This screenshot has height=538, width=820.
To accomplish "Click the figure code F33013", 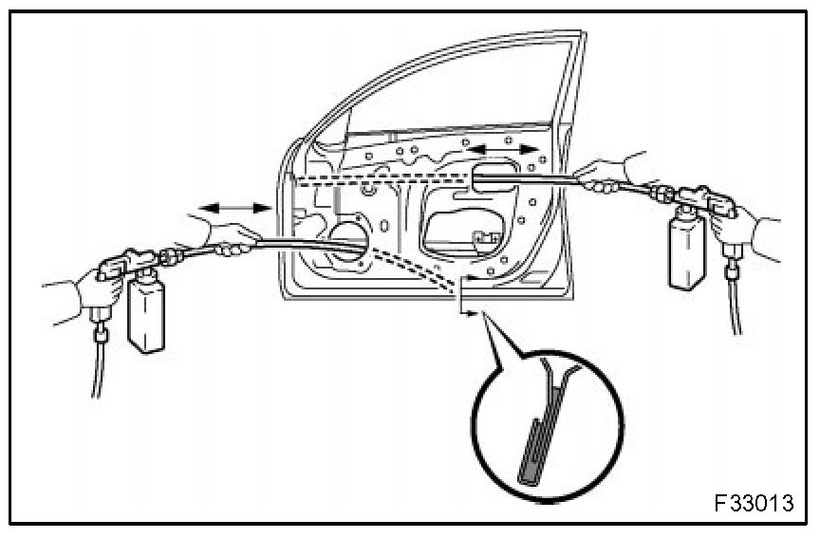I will [x=756, y=500].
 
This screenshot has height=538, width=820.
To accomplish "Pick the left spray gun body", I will [x=128, y=265].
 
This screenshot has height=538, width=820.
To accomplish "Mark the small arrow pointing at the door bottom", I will [x=464, y=299].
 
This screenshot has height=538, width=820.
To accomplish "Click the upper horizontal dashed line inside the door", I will [x=380, y=177].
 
